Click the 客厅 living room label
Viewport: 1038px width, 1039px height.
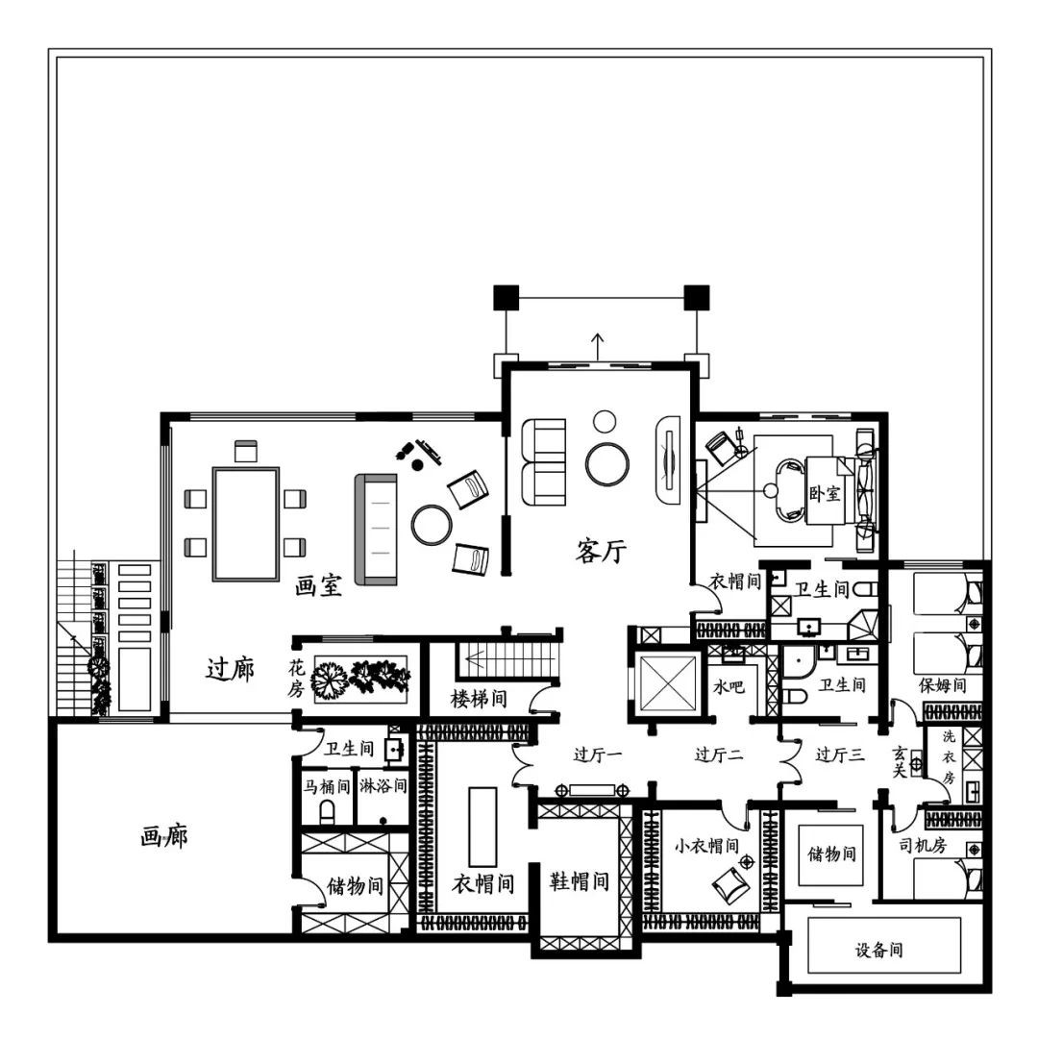click(x=601, y=551)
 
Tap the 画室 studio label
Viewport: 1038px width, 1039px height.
click(x=319, y=585)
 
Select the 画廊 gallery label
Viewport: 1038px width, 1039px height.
click(x=164, y=837)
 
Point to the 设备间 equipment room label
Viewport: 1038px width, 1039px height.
click(x=879, y=951)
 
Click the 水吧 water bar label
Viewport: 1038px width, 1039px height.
click(x=729, y=686)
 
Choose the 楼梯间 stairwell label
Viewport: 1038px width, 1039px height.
click(x=479, y=699)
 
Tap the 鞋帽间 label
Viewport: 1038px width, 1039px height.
click(x=580, y=881)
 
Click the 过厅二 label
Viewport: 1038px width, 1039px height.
click(x=719, y=755)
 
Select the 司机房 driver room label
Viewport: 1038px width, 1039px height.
click(x=923, y=845)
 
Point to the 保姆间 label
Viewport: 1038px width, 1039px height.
click(x=942, y=685)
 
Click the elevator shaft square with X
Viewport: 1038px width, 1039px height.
click(x=667, y=683)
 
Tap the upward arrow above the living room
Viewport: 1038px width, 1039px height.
click(x=598, y=347)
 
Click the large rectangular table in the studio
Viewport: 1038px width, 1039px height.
click(x=246, y=524)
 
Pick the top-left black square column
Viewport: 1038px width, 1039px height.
click(x=507, y=298)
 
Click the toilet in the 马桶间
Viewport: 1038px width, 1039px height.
click(x=327, y=812)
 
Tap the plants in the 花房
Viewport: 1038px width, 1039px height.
click(x=360, y=680)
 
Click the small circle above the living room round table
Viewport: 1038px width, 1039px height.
click(x=605, y=421)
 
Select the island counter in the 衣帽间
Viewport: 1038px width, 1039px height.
click(x=482, y=827)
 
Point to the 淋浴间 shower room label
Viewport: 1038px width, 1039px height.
click(x=383, y=786)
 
